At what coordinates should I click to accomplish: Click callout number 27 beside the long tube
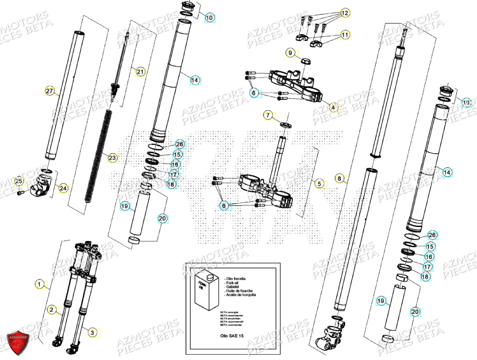click(x=49, y=91)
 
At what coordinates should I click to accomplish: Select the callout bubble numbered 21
click(x=140, y=72)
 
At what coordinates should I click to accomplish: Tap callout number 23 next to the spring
click(x=112, y=158)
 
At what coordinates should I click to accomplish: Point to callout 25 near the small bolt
click(x=18, y=182)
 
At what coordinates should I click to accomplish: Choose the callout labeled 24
click(x=63, y=188)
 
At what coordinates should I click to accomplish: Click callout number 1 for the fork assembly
click(x=39, y=284)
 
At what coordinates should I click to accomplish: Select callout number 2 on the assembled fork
click(x=52, y=309)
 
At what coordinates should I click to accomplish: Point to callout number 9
click(x=290, y=52)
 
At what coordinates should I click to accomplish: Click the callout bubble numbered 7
click(x=268, y=115)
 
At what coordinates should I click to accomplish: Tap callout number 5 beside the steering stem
click(x=318, y=183)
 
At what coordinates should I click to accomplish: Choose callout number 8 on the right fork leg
click(x=340, y=179)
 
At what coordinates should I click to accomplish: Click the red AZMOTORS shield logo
click(x=20, y=342)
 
